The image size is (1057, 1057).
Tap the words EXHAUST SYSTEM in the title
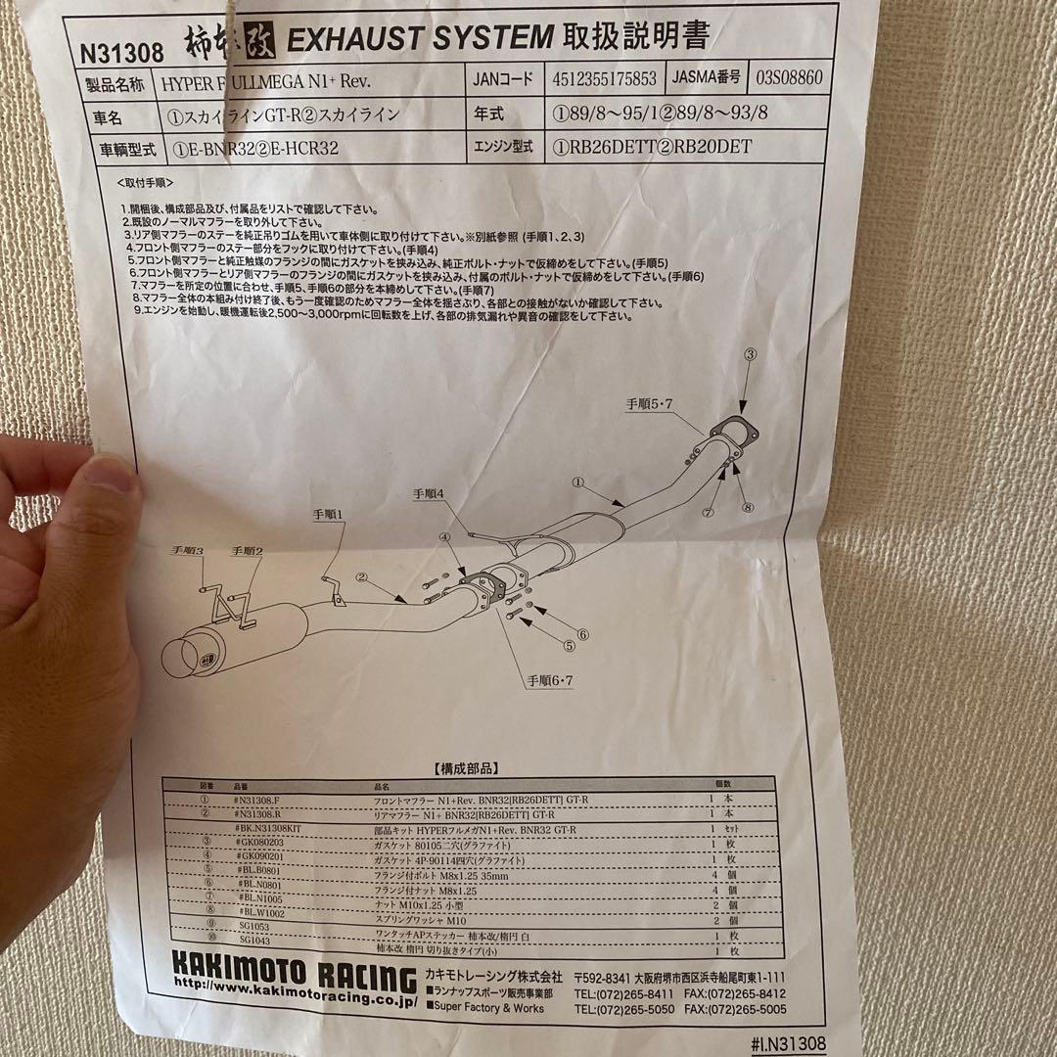(x=419, y=39)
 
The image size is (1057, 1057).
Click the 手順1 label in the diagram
(x=330, y=514)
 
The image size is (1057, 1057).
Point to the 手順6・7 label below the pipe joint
(x=550, y=680)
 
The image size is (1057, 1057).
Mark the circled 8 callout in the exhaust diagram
(x=748, y=507)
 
